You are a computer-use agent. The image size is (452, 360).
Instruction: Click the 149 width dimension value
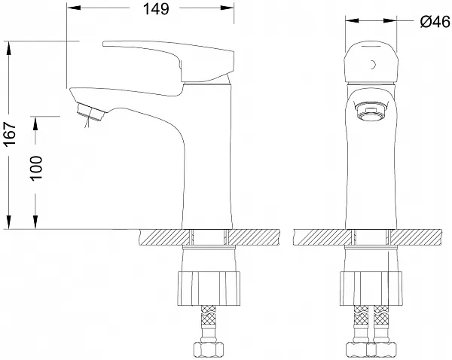coord(156,9)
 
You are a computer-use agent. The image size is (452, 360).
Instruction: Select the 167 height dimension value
coord(9,134)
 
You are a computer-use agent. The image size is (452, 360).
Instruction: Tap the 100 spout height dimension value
coord(36,169)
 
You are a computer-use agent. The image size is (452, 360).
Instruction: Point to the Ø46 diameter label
coord(435,21)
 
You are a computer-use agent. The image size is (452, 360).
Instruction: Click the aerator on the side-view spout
coord(90,113)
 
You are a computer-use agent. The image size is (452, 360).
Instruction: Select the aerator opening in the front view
coord(370,111)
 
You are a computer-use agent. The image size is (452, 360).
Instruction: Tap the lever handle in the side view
coord(168,61)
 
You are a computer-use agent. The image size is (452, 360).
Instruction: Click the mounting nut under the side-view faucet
coord(208,288)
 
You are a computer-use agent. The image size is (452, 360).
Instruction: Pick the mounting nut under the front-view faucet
coord(371,288)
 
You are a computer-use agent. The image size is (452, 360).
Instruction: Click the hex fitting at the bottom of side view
coord(208,349)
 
